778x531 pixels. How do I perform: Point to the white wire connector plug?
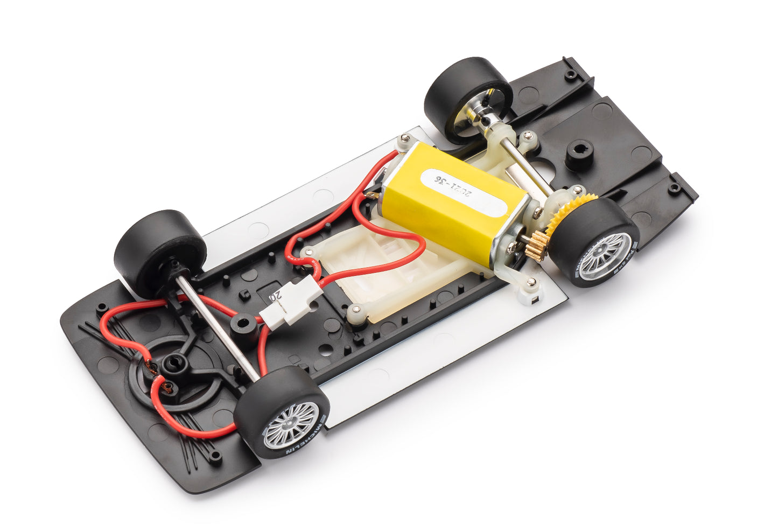pyautogui.click(x=291, y=304)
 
